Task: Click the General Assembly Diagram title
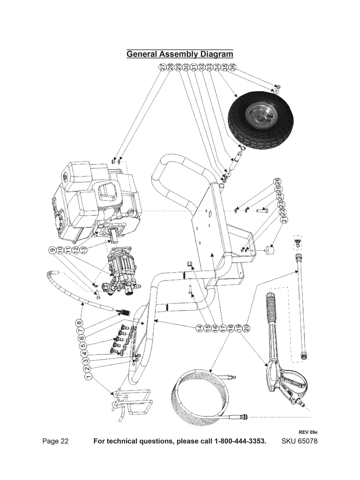(180, 54)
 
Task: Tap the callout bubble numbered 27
(163, 68)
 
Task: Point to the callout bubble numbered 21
(284, 219)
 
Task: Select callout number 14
(199, 328)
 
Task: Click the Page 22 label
(55, 441)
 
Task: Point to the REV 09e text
(308, 432)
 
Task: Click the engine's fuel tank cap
(64, 175)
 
